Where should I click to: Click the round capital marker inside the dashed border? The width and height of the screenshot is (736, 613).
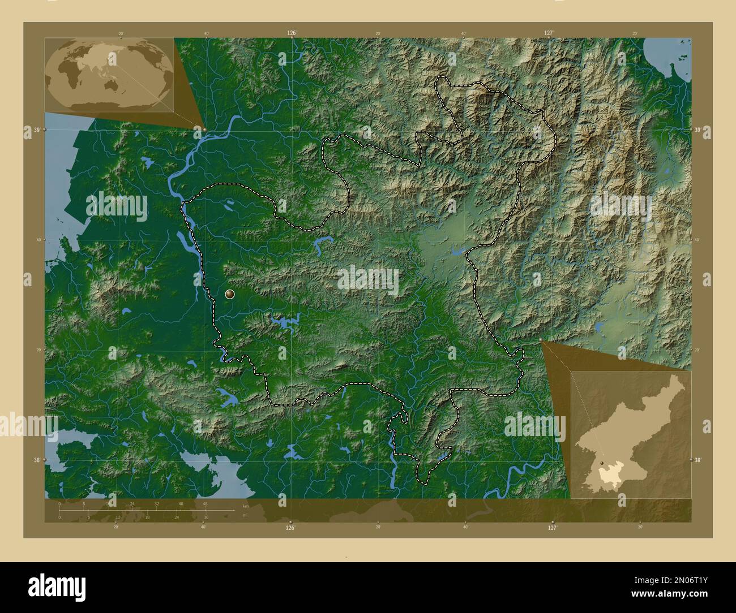click(x=229, y=293)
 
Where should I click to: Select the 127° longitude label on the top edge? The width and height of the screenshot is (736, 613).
click(x=548, y=33)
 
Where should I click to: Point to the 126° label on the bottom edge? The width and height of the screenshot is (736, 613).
click(x=290, y=528)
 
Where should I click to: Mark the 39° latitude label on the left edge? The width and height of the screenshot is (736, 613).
click(x=36, y=131)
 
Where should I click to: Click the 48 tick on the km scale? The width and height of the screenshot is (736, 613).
click(x=205, y=503)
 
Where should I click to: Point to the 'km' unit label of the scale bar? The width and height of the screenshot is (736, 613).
click(x=245, y=506)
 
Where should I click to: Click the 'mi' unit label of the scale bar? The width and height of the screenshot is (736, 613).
click(x=244, y=515)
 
